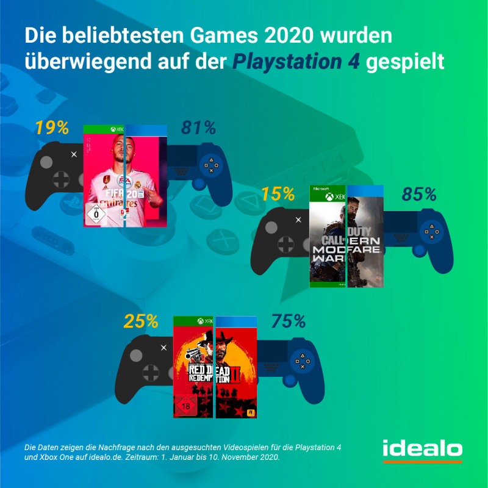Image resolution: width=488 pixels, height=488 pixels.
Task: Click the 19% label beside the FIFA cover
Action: [51, 129]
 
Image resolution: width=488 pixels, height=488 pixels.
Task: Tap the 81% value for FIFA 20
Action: [199, 128]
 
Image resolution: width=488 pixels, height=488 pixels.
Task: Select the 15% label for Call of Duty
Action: [278, 195]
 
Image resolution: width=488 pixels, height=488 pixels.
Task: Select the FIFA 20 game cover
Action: [126, 176]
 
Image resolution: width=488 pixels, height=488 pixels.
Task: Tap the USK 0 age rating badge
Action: [95, 215]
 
